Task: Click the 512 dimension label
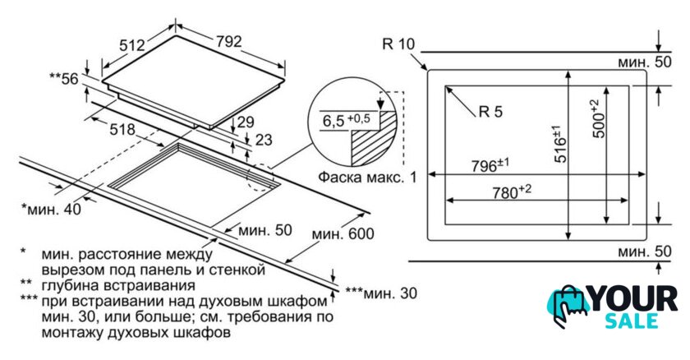click(x=132, y=45)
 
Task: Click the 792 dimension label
click(x=229, y=41)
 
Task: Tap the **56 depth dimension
click(x=64, y=79)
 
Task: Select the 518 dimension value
click(x=122, y=129)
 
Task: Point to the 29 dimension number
click(x=246, y=122)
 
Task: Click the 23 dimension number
click(x=264, y=140)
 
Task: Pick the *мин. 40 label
click(x=52, y=209)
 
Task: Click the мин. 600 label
click(x=343, y=233)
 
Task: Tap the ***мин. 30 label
click(x=380, y=293)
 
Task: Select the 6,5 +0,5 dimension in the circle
click(x=347, y=120)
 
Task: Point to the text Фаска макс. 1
click(x=367, y=178)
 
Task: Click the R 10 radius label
click(x=398, y=44)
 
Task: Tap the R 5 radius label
click(x=490, y=112)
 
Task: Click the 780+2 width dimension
click(x=511, y=192)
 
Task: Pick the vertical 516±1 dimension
click(x=559, y=144)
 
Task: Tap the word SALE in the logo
click(x=632, y=321)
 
